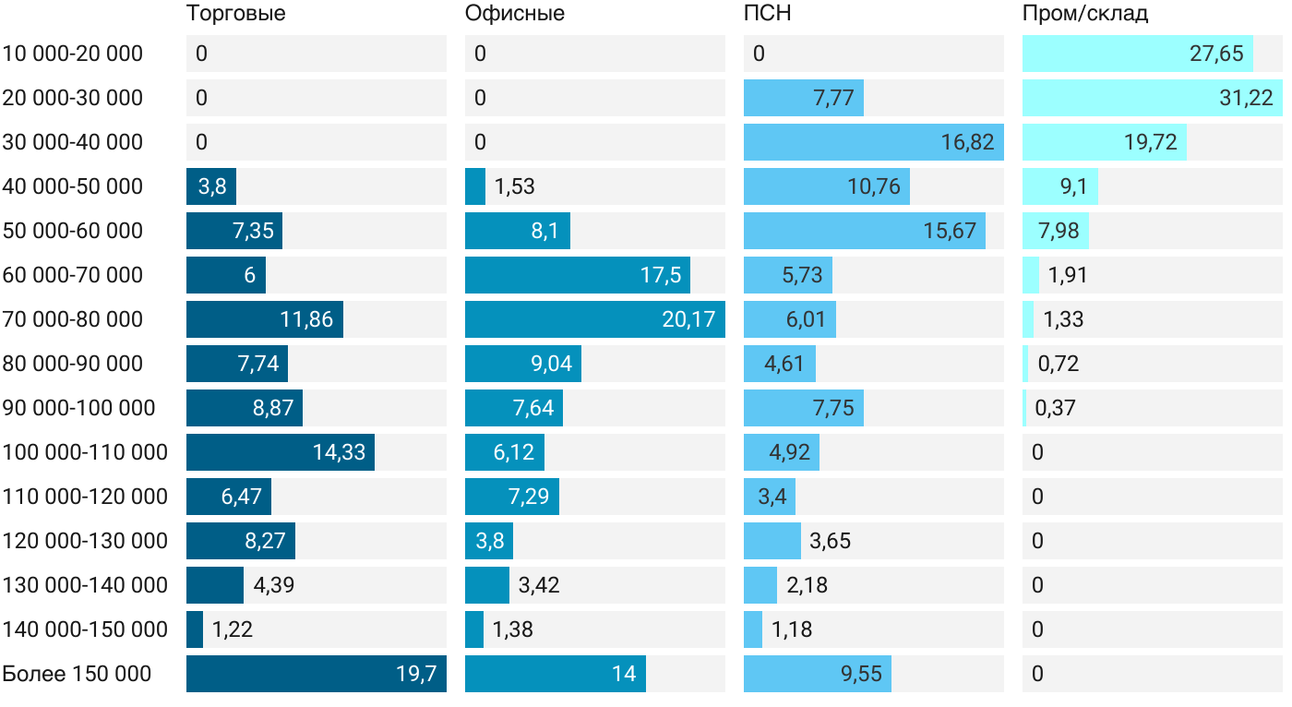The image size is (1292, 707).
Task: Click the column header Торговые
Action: (x=235, y=14)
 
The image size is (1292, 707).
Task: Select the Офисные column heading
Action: (x=514, y=14)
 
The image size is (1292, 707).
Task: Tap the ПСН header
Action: (x=767, y=14)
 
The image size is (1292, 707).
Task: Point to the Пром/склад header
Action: (x=1084, y=14)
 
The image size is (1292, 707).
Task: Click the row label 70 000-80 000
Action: (x=73, y=319)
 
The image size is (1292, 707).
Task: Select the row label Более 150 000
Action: (x=77, y=674)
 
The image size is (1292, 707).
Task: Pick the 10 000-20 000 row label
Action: (x=73, y=54)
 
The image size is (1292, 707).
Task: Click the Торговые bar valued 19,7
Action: (x=316, y=674)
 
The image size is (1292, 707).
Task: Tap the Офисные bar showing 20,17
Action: (x=594, y=319)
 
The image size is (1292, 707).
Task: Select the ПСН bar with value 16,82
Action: (x=873, y=142)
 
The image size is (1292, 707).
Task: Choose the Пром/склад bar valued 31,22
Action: (x=1152, y=98)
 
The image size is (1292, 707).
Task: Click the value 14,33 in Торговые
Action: (x=339, y=452)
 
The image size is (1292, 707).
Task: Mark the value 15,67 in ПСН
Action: (x=950, y=231)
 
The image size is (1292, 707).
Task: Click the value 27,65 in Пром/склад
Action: (x=1216, y=54)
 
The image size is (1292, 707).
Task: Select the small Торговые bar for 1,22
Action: (x=195, y=629)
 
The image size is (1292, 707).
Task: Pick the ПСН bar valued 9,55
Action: (x=818, y=674)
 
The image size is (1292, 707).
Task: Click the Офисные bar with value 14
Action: (x=555, y=674)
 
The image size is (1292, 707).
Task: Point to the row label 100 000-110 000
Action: (x=85, y=452)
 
